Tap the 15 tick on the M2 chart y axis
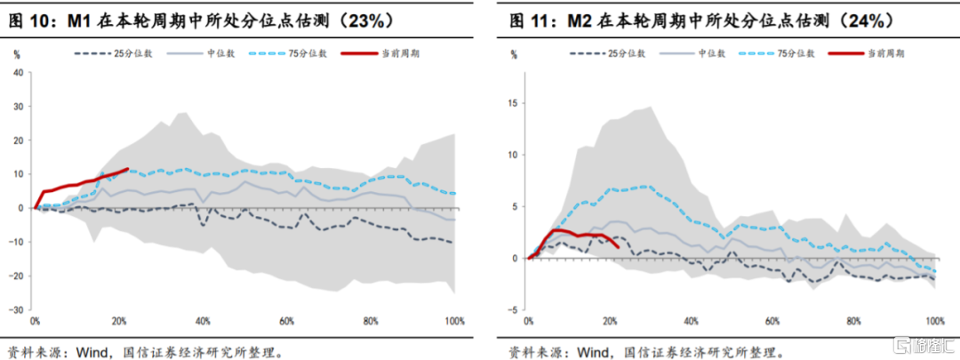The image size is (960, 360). pyautogui.click(x=512, y=102)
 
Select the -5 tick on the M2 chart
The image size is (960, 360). pyautogui.click(x=513, y=310)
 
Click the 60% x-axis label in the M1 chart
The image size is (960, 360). pyautogui.click(x=286, y=320)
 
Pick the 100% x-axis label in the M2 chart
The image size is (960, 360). pyautogui.click(x=935, y=320)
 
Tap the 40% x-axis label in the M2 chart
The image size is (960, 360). pyautogui.click(x=691, y=320)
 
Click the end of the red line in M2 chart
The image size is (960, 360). pyautogui.click(x=619, y=246)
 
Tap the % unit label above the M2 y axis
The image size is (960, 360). pyautogui.click(x=514, y=54)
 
